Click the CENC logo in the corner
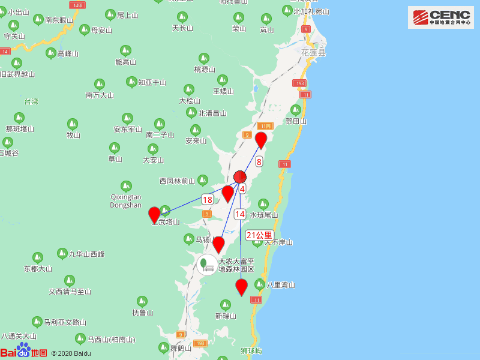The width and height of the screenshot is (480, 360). click(x=440, y=17)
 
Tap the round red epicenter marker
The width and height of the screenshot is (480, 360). click(x=240, y=176)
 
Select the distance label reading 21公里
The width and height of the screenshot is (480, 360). click(x=259, y=235)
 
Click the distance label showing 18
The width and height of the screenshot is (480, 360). click(x=208, y=199)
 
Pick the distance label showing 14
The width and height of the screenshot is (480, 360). click(x=240, y=214)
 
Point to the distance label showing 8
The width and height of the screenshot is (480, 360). click(x=259, y=161)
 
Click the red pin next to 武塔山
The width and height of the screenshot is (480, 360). click(x=154, y=214)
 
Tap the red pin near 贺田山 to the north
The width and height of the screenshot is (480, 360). click(x=261, y=139)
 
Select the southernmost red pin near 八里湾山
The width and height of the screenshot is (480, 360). click(x=241, y=287)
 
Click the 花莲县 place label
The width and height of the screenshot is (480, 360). click(x=313, y=53)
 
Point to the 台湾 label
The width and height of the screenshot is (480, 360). click(x=31, y=101)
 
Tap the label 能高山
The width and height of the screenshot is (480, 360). click(x=126, y=62)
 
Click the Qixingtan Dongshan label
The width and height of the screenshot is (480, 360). click(x=126, y=200)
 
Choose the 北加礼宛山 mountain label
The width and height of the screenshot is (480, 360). click(x=311, y=11)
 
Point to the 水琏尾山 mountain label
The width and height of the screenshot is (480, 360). click(x=264, y=215)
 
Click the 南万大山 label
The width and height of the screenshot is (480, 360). click(x=100, y=95)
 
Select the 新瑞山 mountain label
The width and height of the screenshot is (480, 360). click(x=226, y=316)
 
